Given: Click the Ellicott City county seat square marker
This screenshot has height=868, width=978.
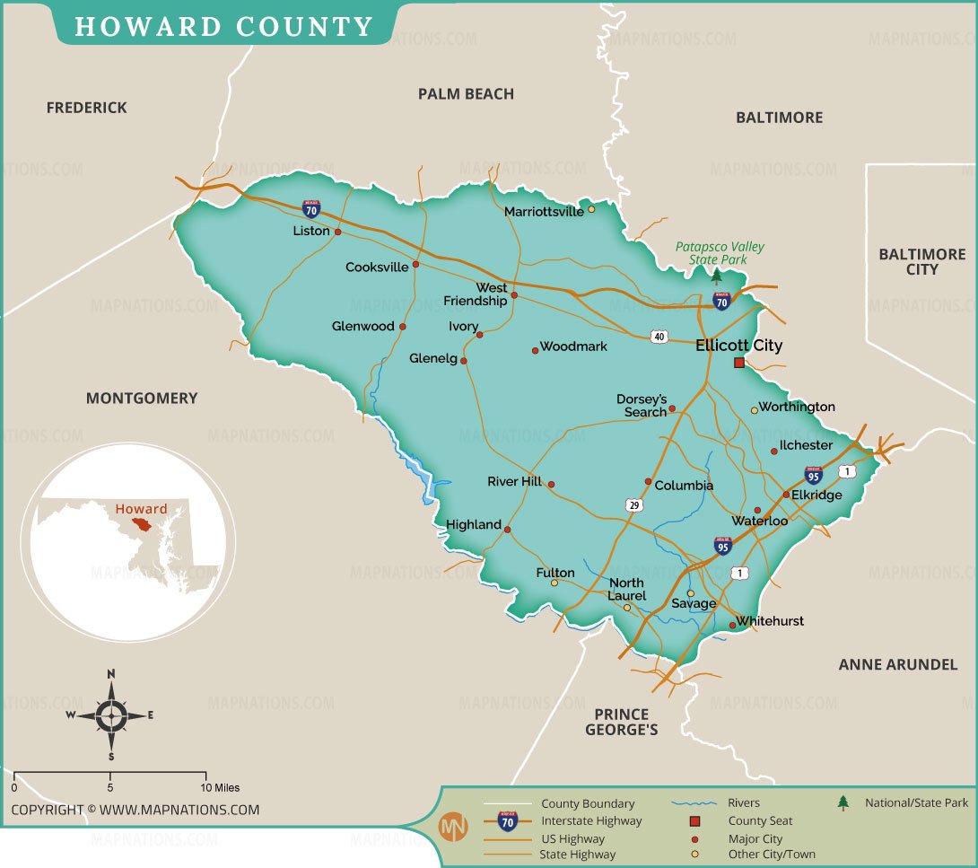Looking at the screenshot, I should tap(739, 363).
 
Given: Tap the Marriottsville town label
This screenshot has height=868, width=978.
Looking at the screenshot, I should tap(544, 212).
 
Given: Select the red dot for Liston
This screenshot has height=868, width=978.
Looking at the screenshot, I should tap(338, 232).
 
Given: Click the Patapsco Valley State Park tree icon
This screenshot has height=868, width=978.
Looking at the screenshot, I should tap(716, 276).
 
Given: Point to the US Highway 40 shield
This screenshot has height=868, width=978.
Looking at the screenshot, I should tap(660, 337).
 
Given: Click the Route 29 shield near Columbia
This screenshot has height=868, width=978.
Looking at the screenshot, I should tap(634, 506).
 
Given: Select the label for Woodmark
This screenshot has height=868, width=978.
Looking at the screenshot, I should tap(573, 346).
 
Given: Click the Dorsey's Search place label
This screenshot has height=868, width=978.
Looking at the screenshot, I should tap(642, 406).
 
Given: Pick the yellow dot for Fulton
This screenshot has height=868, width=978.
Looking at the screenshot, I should tap(554, 583).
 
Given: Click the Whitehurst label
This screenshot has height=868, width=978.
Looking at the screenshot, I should tap(771, 621).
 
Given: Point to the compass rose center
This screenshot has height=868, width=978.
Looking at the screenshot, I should tap(111, 715).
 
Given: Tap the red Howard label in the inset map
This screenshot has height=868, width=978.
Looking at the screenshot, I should tap(141, 508).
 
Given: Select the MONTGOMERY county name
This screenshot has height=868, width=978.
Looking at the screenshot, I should tap(142, 398).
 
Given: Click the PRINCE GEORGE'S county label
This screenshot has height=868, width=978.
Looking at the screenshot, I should tap(621, 722).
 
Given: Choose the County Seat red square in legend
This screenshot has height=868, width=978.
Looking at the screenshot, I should tap(694, 820).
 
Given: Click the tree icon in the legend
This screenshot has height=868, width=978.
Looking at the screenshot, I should tap(843, 802).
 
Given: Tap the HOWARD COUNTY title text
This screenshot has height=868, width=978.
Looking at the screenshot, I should tap(223, 27).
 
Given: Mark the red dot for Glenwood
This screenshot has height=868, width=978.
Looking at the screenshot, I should tap(402, 327).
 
